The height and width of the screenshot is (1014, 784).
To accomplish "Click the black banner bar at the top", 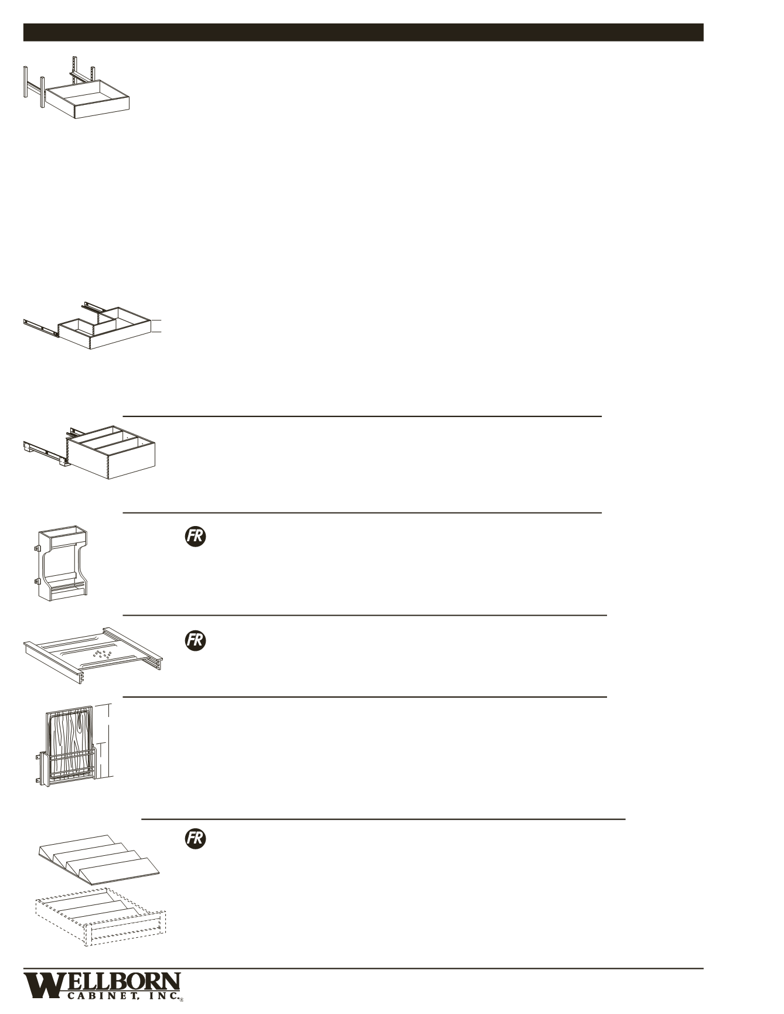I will tap(363, 32).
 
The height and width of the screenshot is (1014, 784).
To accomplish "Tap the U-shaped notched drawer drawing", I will tap(105, 331).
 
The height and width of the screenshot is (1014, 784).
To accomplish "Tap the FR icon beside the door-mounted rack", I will tap(196, 537).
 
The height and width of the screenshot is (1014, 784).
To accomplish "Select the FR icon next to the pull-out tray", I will tap(196, 640).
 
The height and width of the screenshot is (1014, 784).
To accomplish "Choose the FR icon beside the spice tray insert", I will tap(196, 838).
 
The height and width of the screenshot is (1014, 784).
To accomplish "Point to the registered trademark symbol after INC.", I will tap(181, 1001).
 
